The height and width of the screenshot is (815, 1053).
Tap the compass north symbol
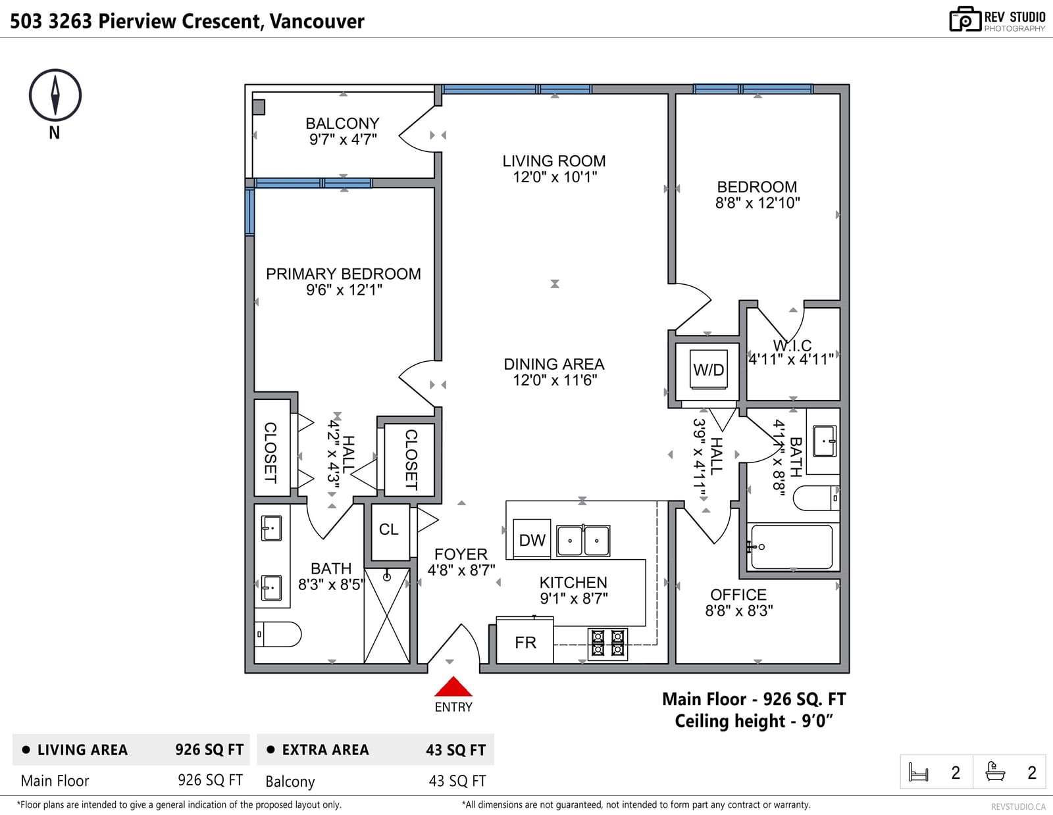coord(55,95)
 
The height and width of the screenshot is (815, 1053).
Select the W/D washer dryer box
coord(708,369)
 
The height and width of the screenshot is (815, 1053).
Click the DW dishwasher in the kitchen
coord(532,539)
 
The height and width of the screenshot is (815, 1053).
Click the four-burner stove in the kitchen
coord(607,644)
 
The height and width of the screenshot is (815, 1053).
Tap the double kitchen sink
coord(583,541)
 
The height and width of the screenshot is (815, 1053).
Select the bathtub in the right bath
coord(791,547)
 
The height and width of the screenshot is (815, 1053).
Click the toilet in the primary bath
coord(278,634)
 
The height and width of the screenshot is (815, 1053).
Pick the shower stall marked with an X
coord(387,616)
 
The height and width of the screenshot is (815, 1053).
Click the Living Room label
coord(554,161)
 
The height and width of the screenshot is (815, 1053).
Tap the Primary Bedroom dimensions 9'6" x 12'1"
coord(344,290)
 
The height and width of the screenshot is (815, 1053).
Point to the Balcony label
coord(342,124)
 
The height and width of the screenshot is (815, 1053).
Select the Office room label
coord(738,595)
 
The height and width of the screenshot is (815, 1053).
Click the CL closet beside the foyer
coord(390,531)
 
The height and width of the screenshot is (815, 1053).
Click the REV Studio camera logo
coord(965,19)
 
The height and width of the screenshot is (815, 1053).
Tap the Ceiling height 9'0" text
coord(754,721)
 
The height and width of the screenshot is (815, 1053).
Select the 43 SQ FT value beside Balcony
coord(457,781)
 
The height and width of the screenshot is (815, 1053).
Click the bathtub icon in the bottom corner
coord(995,772)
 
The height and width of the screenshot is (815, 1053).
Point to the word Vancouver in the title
coord(317,21)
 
